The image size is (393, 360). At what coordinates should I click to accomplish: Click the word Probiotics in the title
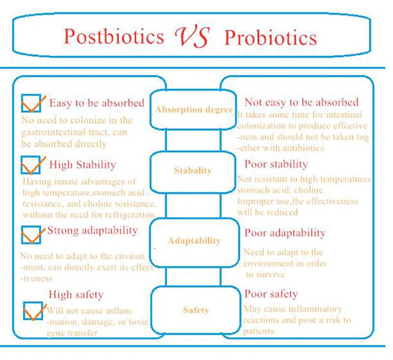click(270, 37)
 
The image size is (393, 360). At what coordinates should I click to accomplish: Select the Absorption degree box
click(193, 110)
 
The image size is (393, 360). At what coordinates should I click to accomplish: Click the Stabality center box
click(193, 171)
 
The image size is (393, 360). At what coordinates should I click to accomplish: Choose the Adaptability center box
click(194, 241)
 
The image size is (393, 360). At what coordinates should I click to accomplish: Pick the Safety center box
click(196, 310)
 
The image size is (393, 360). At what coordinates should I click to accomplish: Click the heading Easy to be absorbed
click(97, 103)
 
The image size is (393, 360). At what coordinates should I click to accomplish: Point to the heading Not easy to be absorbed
click(301, 102)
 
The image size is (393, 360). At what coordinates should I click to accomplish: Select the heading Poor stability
click(276, 164)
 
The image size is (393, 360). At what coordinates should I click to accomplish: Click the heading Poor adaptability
click(284, 232)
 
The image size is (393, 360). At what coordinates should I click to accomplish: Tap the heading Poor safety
click(271, 294)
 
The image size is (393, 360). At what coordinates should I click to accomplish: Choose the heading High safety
click(76, 295)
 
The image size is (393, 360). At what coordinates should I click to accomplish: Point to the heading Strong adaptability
click(92, 230)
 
